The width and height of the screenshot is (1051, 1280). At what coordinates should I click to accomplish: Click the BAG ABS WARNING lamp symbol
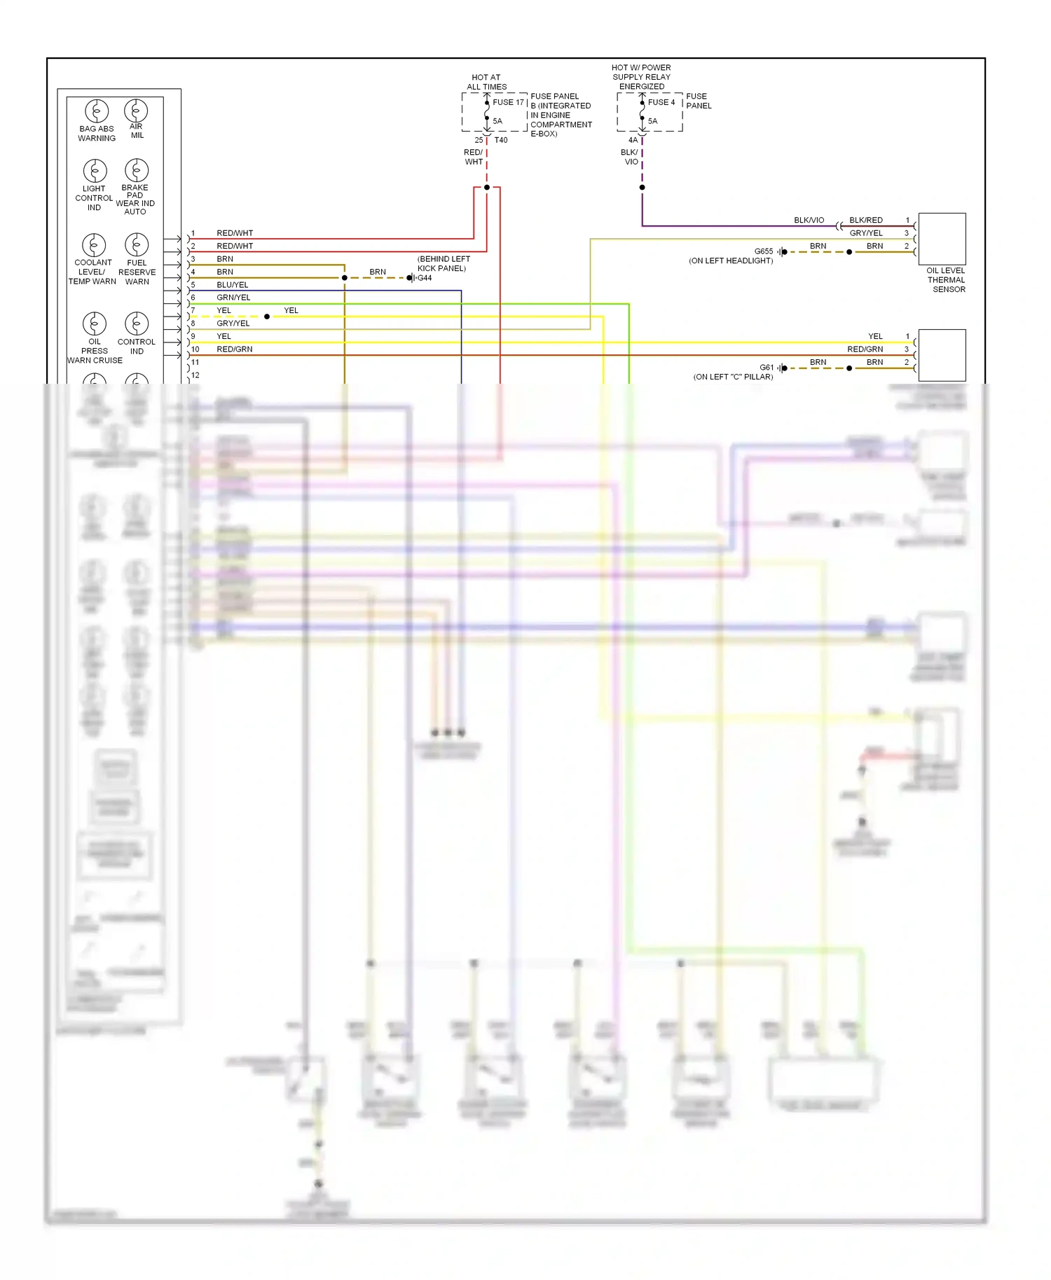click(97, 111)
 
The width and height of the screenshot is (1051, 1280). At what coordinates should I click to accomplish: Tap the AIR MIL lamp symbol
click(136, 110)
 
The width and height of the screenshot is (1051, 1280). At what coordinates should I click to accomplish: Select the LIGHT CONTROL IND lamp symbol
click(95, 170)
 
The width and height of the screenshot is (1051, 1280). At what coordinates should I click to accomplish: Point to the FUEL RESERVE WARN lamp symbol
click(137, 244)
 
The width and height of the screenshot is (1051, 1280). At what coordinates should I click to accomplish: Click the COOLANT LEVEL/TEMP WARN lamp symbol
click(94, 244)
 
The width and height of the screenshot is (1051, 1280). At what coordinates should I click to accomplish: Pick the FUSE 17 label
click(508, 102)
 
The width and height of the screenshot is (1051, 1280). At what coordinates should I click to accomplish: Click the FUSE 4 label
click(661, 102)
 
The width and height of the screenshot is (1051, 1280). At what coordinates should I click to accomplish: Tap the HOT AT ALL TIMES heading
click(486, 82)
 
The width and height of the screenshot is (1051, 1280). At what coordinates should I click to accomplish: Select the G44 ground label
click(425, 278)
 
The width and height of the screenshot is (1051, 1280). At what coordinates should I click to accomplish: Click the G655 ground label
click(764, 251)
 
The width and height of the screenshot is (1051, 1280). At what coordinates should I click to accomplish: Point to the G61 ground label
click(767, 368)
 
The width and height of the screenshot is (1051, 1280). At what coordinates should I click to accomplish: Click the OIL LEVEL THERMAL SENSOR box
click(942, 239)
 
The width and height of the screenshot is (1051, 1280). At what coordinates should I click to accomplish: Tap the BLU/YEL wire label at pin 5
click(233, 285)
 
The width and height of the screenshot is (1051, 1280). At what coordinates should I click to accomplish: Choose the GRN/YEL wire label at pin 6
click(233, 298)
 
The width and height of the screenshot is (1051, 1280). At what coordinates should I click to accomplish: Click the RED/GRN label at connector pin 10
click(235, 349)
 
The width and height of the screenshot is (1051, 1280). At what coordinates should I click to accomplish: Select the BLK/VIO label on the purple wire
click(809, 220)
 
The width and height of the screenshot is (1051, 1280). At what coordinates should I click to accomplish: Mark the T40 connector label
click(501, 140)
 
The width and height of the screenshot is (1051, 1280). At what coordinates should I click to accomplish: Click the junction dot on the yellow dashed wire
click(267, 316)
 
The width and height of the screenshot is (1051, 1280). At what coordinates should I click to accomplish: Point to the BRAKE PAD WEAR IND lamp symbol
click(137, 170)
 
